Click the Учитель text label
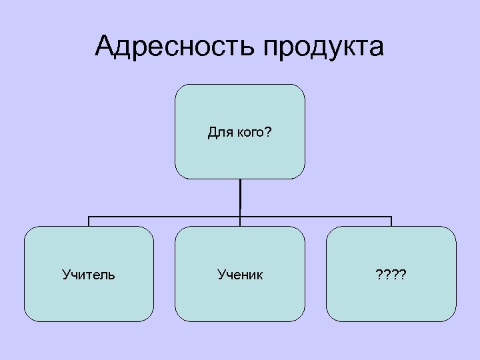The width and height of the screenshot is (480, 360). (x=89, y=274)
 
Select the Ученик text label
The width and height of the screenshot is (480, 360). (x=240, y=274)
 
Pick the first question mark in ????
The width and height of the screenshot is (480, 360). (x=378, y=274)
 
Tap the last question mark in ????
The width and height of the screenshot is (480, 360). (x=405, y=274)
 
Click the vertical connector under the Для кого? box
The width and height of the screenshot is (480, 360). (x=240, y=197)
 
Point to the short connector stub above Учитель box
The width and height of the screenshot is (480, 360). (x=89, y=221)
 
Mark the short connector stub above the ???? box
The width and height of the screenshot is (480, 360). (x=391, y=221)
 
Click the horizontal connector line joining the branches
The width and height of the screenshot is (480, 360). (x=167, y=217)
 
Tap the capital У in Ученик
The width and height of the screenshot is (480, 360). (x=221, y=274)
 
